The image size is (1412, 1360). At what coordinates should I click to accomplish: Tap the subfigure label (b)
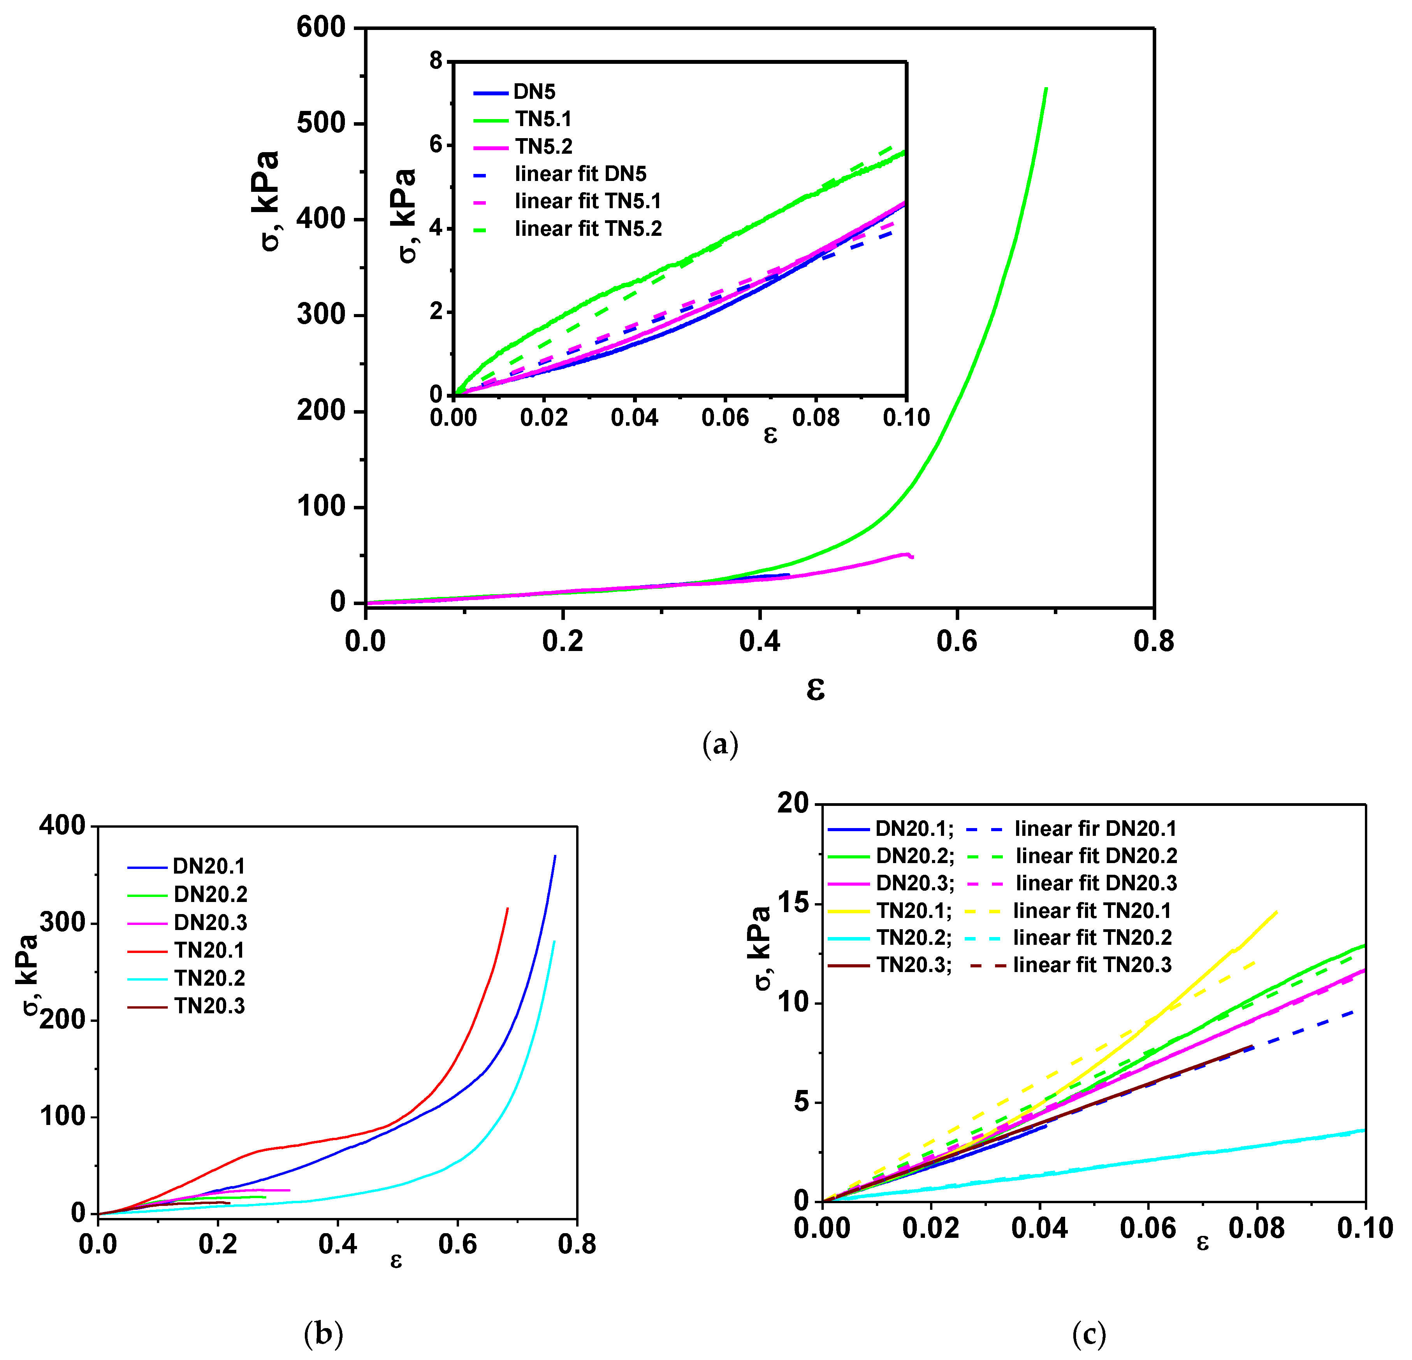324,1334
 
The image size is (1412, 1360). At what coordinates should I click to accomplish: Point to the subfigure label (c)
1088,1334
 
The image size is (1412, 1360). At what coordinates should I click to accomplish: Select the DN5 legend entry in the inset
534,92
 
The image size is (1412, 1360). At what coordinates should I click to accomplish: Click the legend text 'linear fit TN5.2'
588,229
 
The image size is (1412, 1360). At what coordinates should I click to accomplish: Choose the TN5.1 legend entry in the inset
542,119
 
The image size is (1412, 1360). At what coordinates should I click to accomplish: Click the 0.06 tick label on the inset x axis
725,418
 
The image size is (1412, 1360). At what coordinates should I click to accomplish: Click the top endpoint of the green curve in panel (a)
1046,89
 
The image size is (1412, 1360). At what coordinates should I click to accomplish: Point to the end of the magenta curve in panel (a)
913,556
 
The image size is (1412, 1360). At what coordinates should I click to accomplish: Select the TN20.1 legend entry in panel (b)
209,950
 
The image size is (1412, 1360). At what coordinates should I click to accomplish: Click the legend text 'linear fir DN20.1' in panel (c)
1095,829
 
